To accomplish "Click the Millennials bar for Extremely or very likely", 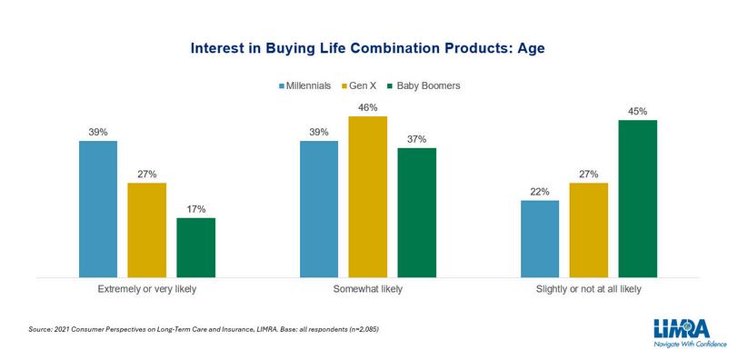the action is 98,209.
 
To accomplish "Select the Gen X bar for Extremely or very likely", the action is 147,230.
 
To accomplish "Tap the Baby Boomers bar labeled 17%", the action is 195,247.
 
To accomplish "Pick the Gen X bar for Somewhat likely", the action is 367,196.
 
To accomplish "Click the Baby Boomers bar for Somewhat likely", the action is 416,213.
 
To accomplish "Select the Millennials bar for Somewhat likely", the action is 319,209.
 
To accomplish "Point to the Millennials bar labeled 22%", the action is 540,239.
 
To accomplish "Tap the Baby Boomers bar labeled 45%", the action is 638,198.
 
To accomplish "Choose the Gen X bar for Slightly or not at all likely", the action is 589,230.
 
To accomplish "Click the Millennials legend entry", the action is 305,86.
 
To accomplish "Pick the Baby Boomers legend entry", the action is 424,86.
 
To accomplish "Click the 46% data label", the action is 367,108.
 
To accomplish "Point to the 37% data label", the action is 416,139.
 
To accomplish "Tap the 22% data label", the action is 540,192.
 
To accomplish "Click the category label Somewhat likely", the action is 367,289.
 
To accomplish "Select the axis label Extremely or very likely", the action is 147,289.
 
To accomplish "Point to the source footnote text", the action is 204,329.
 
